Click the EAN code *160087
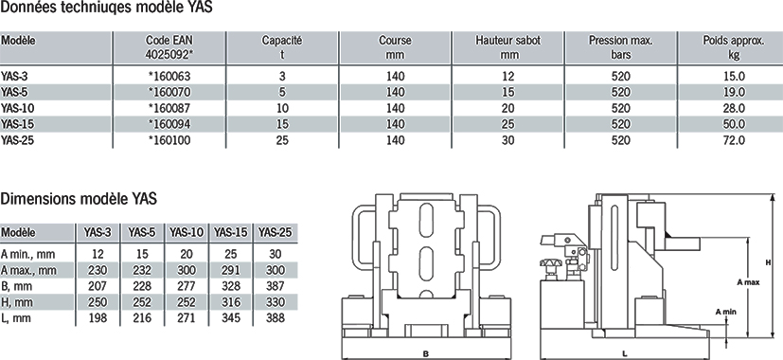pos(169,108)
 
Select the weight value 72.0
pos(734,140)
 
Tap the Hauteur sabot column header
pos(507,47)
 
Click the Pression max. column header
pos(621,47)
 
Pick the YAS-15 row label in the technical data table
pos(17,124)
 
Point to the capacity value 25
pos(282,140)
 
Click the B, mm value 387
pos(275,286)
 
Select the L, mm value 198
pos(98,318)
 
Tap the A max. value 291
pos(230,270)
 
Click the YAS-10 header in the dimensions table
pos(187,232)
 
